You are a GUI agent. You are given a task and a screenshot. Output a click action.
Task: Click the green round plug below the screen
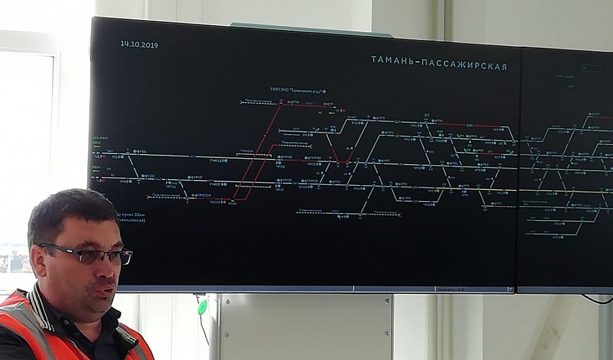click(203, 307)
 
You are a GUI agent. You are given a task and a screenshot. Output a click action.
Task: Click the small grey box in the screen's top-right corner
click(589, 69)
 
